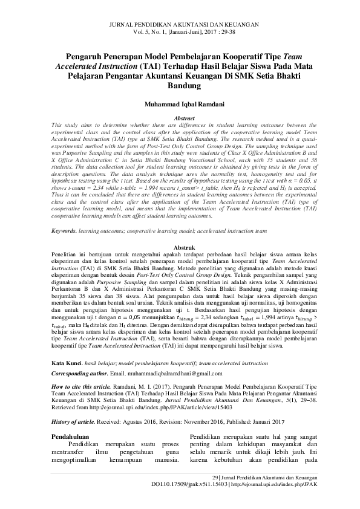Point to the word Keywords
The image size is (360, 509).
(63, 231)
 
